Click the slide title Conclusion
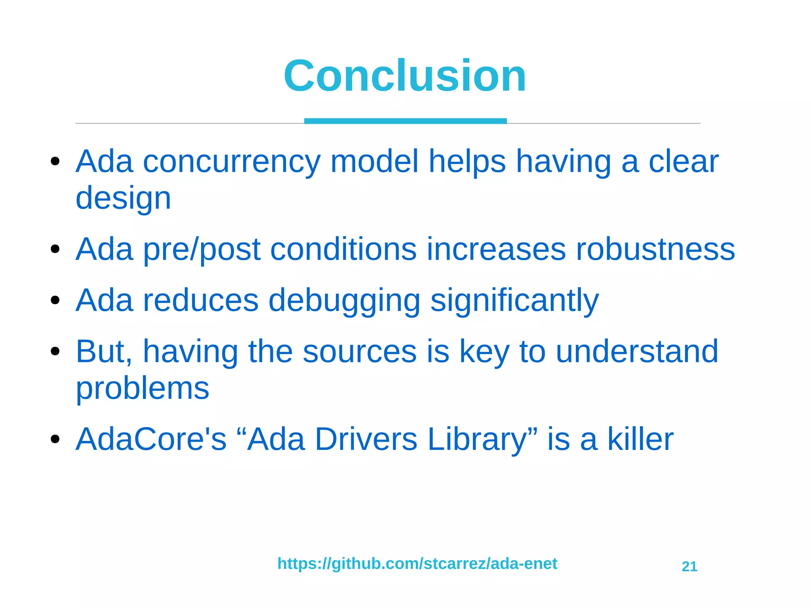click(x=405, y=76)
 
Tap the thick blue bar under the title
click(x=405, y=121)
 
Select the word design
click(x=123, y=198)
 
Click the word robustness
click(x=655, y=250)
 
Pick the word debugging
click(x=344, y=301)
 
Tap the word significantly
click(x=514, y=301)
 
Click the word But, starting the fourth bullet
click(x=104, y=352)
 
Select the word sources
click(x=359, y=352)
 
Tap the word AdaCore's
click(x=151, y=439)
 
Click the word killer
click(x=640, y=439)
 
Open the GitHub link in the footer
click(x=417, y=564)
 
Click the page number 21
click(x=689, y=567)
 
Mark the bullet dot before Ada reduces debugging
click(x=55, y=300)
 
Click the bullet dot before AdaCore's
click(x=55, y=439)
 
